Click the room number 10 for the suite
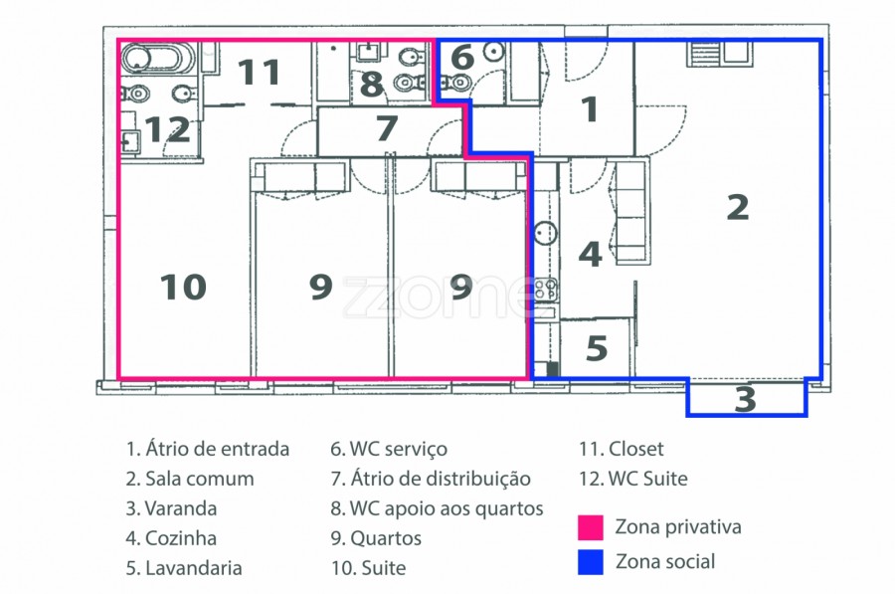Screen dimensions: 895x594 coord(183,287)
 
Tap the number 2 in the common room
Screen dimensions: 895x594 coord(738,207)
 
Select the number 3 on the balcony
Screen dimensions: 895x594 coord(746,399)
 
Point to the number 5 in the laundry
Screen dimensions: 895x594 coord(597,348)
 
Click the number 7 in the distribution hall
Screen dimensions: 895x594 coord(387,128)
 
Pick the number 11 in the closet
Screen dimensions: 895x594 coord(259,72)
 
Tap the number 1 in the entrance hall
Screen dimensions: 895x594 coord(590,108)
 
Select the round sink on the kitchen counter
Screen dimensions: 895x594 coord(546,233)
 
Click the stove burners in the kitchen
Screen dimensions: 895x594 coord(546,289)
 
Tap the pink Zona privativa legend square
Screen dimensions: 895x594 coord(590,527)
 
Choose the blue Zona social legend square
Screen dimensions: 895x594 coord(590,562)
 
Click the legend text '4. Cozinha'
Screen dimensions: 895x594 coord(171,538)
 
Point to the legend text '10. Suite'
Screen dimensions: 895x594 coord(368,568)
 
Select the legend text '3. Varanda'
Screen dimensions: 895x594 coord(171,508)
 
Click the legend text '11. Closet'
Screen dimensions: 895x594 coord(621,449)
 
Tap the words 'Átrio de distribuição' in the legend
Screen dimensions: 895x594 coord(441,479)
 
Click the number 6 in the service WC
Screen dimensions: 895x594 coord(462,57)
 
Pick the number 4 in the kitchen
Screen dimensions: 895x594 coord(590,254)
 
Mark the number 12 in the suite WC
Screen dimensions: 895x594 coord(167,129)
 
